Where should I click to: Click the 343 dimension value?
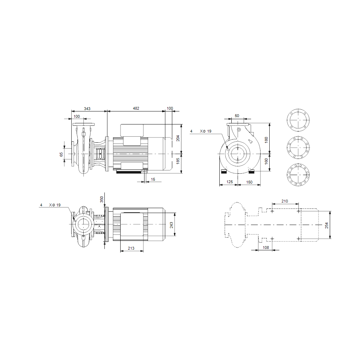click(87, 109)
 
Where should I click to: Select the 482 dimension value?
click(136, 108)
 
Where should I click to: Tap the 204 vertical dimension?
click(178, 138)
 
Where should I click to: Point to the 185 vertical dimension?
click(178, 161)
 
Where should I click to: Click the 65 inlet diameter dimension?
click(61, 155)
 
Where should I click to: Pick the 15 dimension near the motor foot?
click(153, 179)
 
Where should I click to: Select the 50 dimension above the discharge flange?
click(237, 116)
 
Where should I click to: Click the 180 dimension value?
click(266, 140)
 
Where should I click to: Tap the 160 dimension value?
click(266, 161)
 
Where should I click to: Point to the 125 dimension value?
click(230, 182)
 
